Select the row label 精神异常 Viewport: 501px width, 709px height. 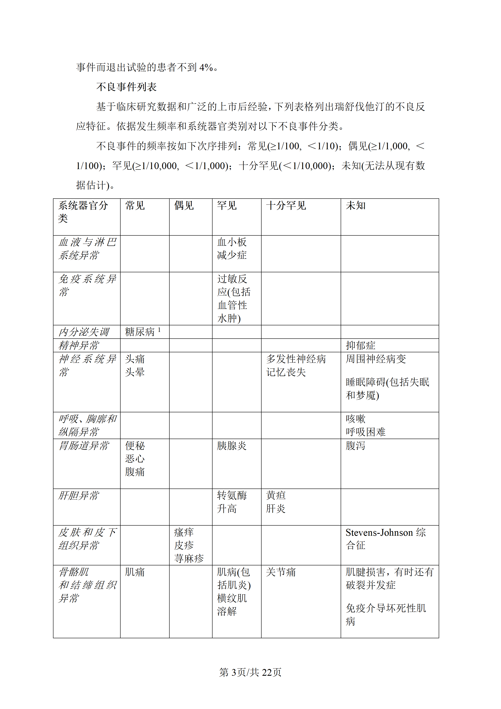(x=79, y=345)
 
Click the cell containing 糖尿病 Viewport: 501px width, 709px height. (x=140, y=332)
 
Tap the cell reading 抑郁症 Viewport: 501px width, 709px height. (x=360, y=345)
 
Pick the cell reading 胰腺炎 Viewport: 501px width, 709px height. (x=232, y=446)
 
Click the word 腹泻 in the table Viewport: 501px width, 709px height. (x=355, y=446)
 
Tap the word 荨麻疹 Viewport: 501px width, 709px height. (x=189, y=558)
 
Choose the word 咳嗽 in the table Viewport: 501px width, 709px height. (x=355, y=419)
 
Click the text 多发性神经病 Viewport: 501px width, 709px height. (x=296, y=359)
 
